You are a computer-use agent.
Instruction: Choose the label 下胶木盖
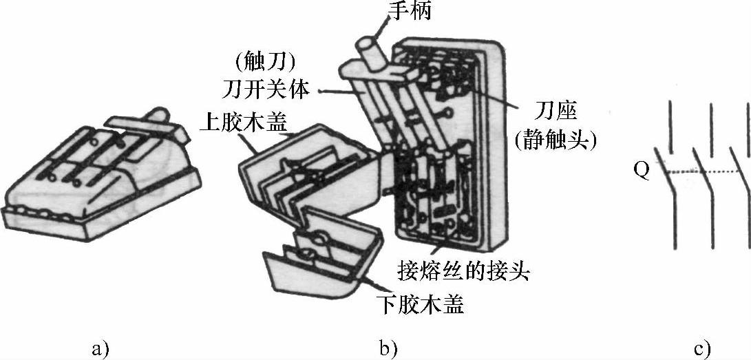[421, 304]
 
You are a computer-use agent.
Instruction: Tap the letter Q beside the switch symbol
[641, 170]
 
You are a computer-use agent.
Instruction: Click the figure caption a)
[101, 349]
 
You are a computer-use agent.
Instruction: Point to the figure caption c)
[702, 349]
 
